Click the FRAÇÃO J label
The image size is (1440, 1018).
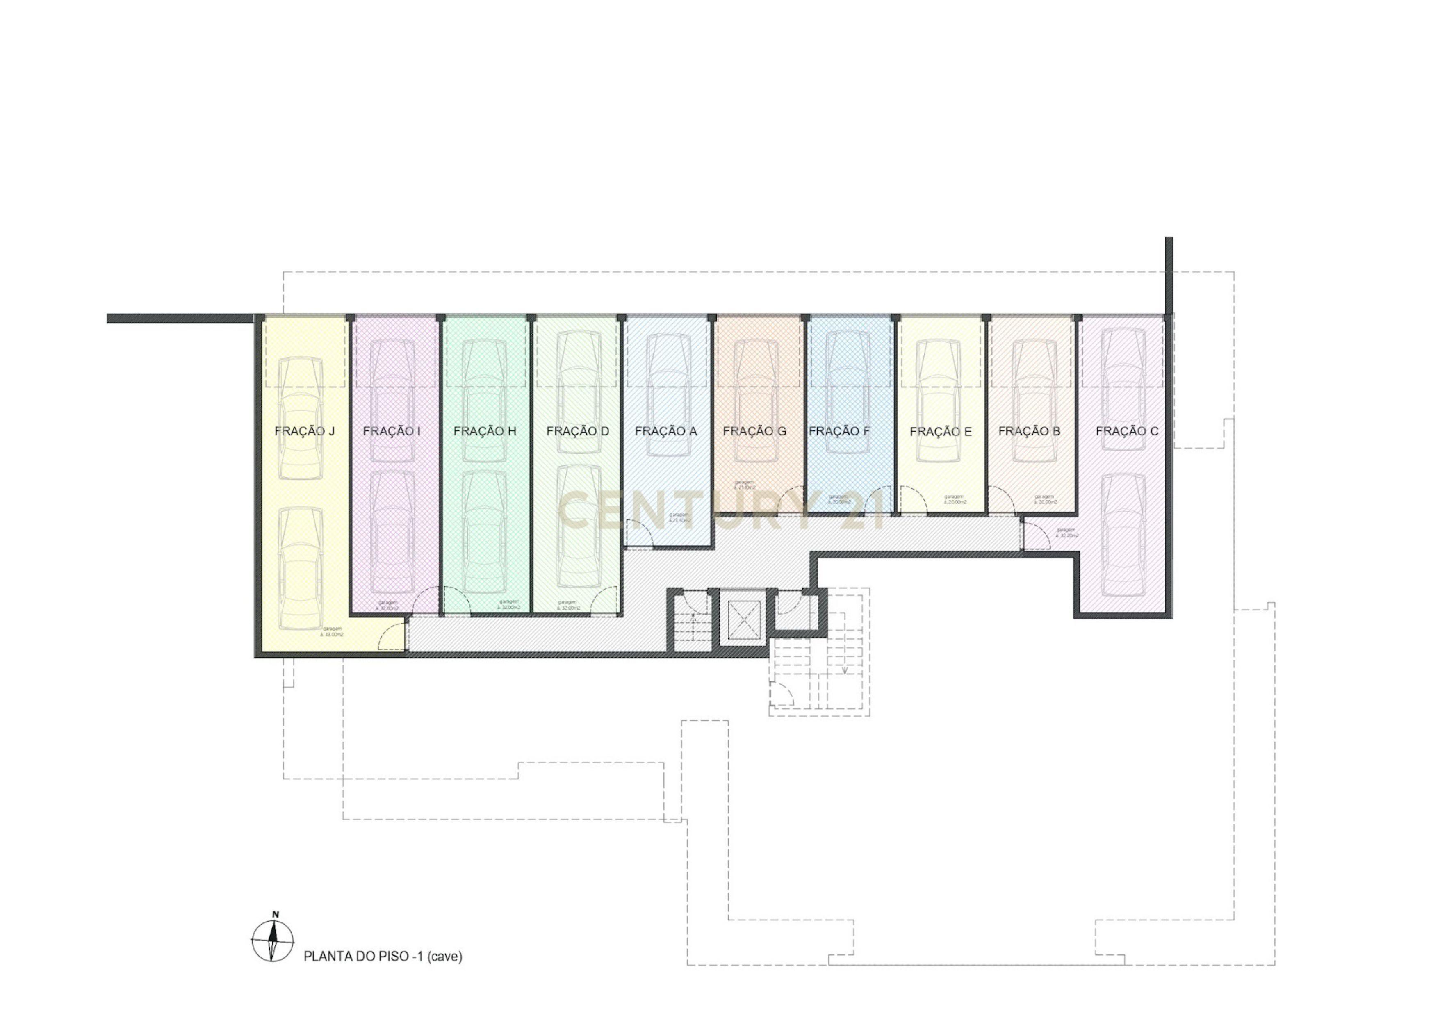[304, 432]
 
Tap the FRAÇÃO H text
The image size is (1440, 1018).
[484, 432]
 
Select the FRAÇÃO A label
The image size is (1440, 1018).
[665, 432]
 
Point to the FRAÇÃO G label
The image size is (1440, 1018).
[754, 432]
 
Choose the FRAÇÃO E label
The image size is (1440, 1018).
[940, 432]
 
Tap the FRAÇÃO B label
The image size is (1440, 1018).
[1029, 432]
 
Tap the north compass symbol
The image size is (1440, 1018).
[272, 941]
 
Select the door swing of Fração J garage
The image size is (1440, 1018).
[392, 635]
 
